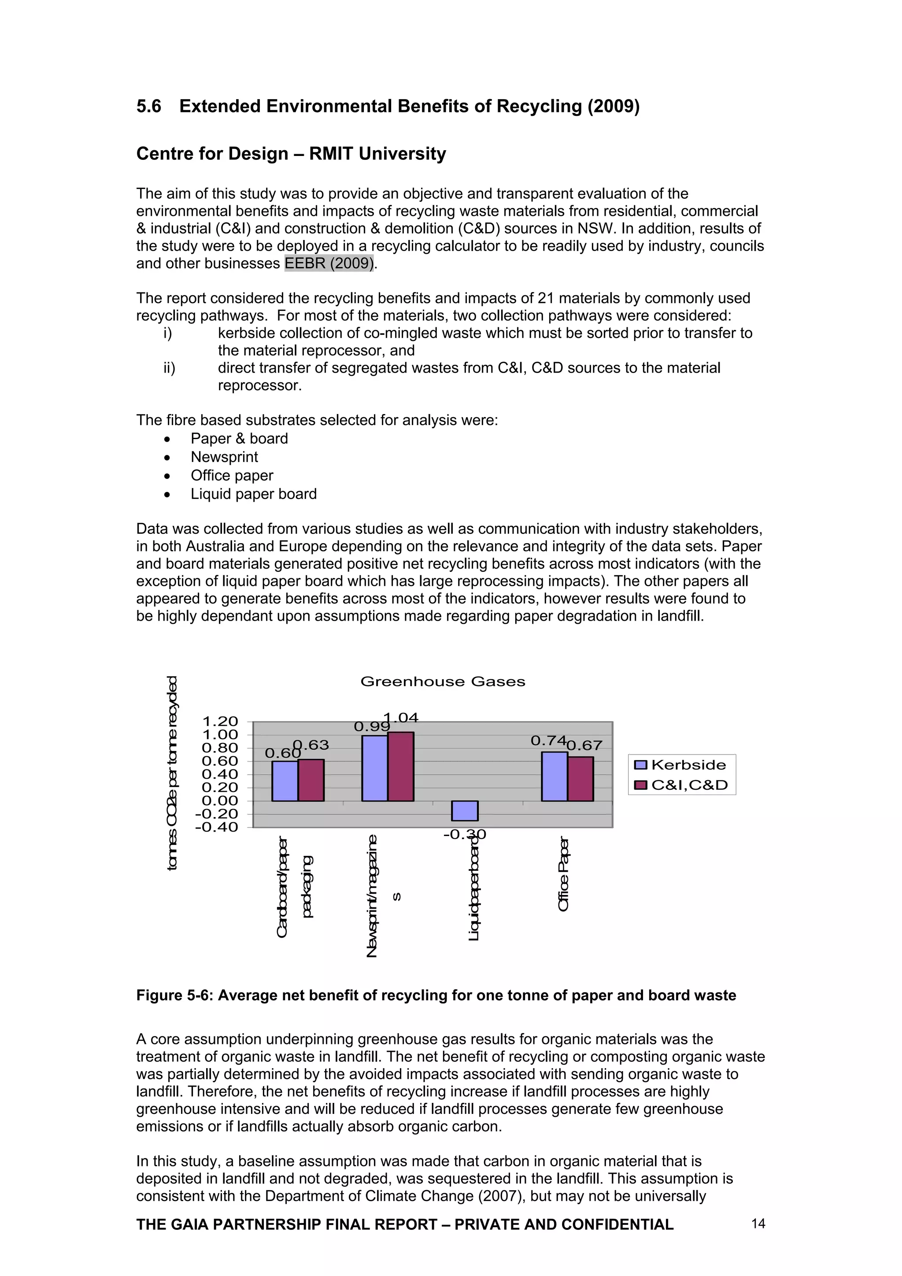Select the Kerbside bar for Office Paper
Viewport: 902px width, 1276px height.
click(554, 777)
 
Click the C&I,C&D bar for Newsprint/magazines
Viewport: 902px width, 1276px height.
click(401, 766)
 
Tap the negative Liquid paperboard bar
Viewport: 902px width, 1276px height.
click(465, 810)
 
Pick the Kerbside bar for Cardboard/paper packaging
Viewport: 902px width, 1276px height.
click(285, 781)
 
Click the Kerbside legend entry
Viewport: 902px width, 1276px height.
click(681, 765)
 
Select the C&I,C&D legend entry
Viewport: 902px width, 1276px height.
click(681, 785)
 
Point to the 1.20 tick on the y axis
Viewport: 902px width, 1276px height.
click(220, 721)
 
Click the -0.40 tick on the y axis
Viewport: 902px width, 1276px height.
click(217, 827)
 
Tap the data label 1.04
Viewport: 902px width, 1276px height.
click(401, 718)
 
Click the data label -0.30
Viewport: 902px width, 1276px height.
click(465, 835)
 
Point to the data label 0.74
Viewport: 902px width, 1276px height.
click(548, 741)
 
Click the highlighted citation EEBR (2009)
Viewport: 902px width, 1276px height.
click(329, 263)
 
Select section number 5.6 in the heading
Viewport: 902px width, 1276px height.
click(148, 106)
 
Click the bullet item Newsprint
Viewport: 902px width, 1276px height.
click(224, 457)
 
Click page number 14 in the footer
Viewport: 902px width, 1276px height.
click(758, 1223)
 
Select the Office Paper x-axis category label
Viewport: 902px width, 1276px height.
click(564, 873)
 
